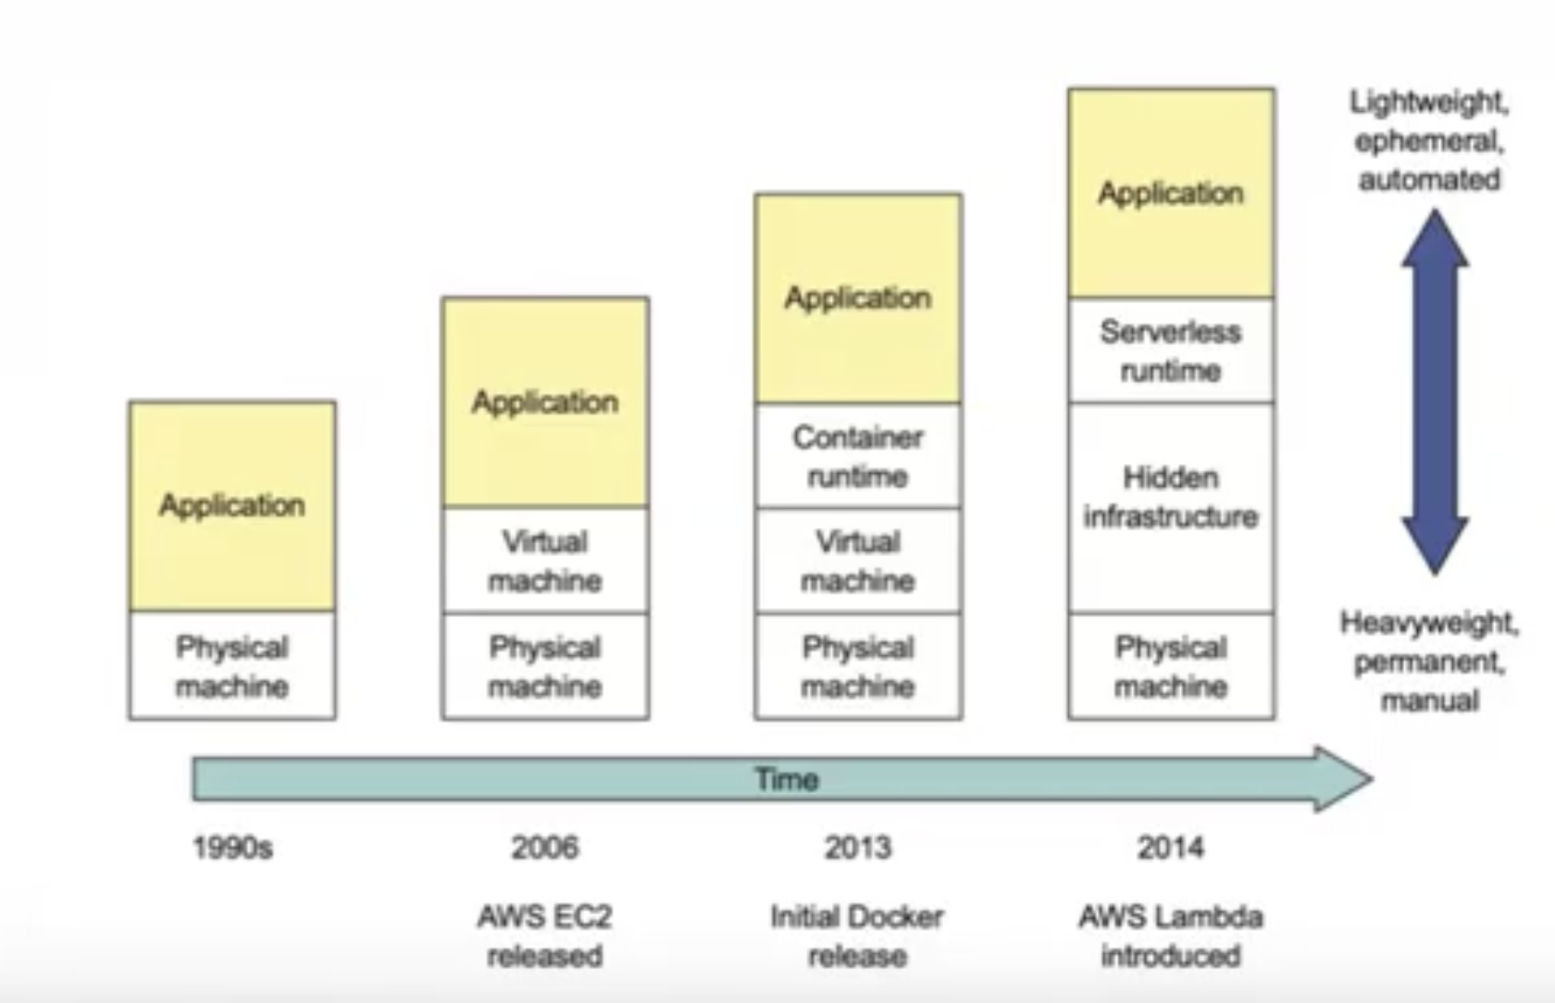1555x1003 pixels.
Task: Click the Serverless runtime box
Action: pos(1171,351)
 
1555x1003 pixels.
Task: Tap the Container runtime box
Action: pos(858,456)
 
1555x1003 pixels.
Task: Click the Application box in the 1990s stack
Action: pos(232,505)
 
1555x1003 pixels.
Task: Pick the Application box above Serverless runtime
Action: pos(1171,193)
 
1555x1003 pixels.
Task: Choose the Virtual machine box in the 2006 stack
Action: pos(545,561)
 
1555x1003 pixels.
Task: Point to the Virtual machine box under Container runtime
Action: pos(858,561)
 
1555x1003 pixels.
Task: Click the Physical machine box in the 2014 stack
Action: pos(1171,666)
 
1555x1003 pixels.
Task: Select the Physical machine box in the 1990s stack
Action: pos(232,666)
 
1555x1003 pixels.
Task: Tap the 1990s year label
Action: pos(232,848)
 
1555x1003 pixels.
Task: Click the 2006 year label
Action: pos(545,848)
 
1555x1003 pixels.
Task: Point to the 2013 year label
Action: pos(858,848)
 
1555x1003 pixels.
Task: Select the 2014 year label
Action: pos(1171,848)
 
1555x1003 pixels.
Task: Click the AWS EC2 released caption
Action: pos(545,935)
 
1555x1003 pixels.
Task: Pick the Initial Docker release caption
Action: pos(857,935)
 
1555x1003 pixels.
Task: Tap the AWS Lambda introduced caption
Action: pos(1171,935)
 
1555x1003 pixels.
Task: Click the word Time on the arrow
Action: pos(787,779)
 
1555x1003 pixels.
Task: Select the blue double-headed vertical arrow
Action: pos(1435,391)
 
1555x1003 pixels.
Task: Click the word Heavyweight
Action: pos(1428,623)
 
